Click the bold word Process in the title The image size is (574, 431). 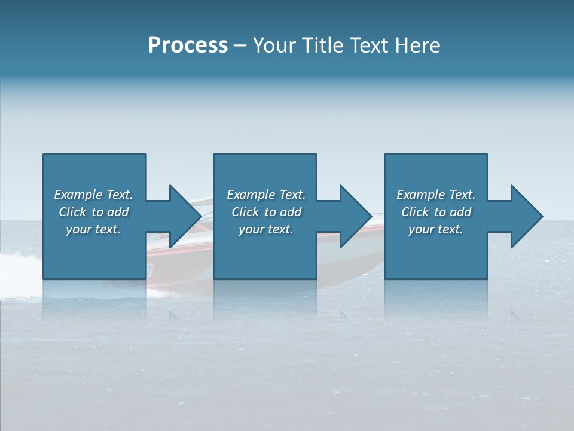[188, 45]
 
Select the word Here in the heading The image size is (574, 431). [417, 45]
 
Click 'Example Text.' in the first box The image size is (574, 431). [93, 195]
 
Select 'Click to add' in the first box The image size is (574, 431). [93, 212]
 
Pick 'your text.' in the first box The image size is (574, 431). [93, 229]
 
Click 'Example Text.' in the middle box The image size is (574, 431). [266, 195]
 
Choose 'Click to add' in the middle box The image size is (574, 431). [266, 212]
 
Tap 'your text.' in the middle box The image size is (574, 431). [266, 229]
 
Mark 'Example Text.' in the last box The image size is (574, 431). [436, 195]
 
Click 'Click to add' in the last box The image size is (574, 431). [436, 212]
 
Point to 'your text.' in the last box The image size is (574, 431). [436, 229]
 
